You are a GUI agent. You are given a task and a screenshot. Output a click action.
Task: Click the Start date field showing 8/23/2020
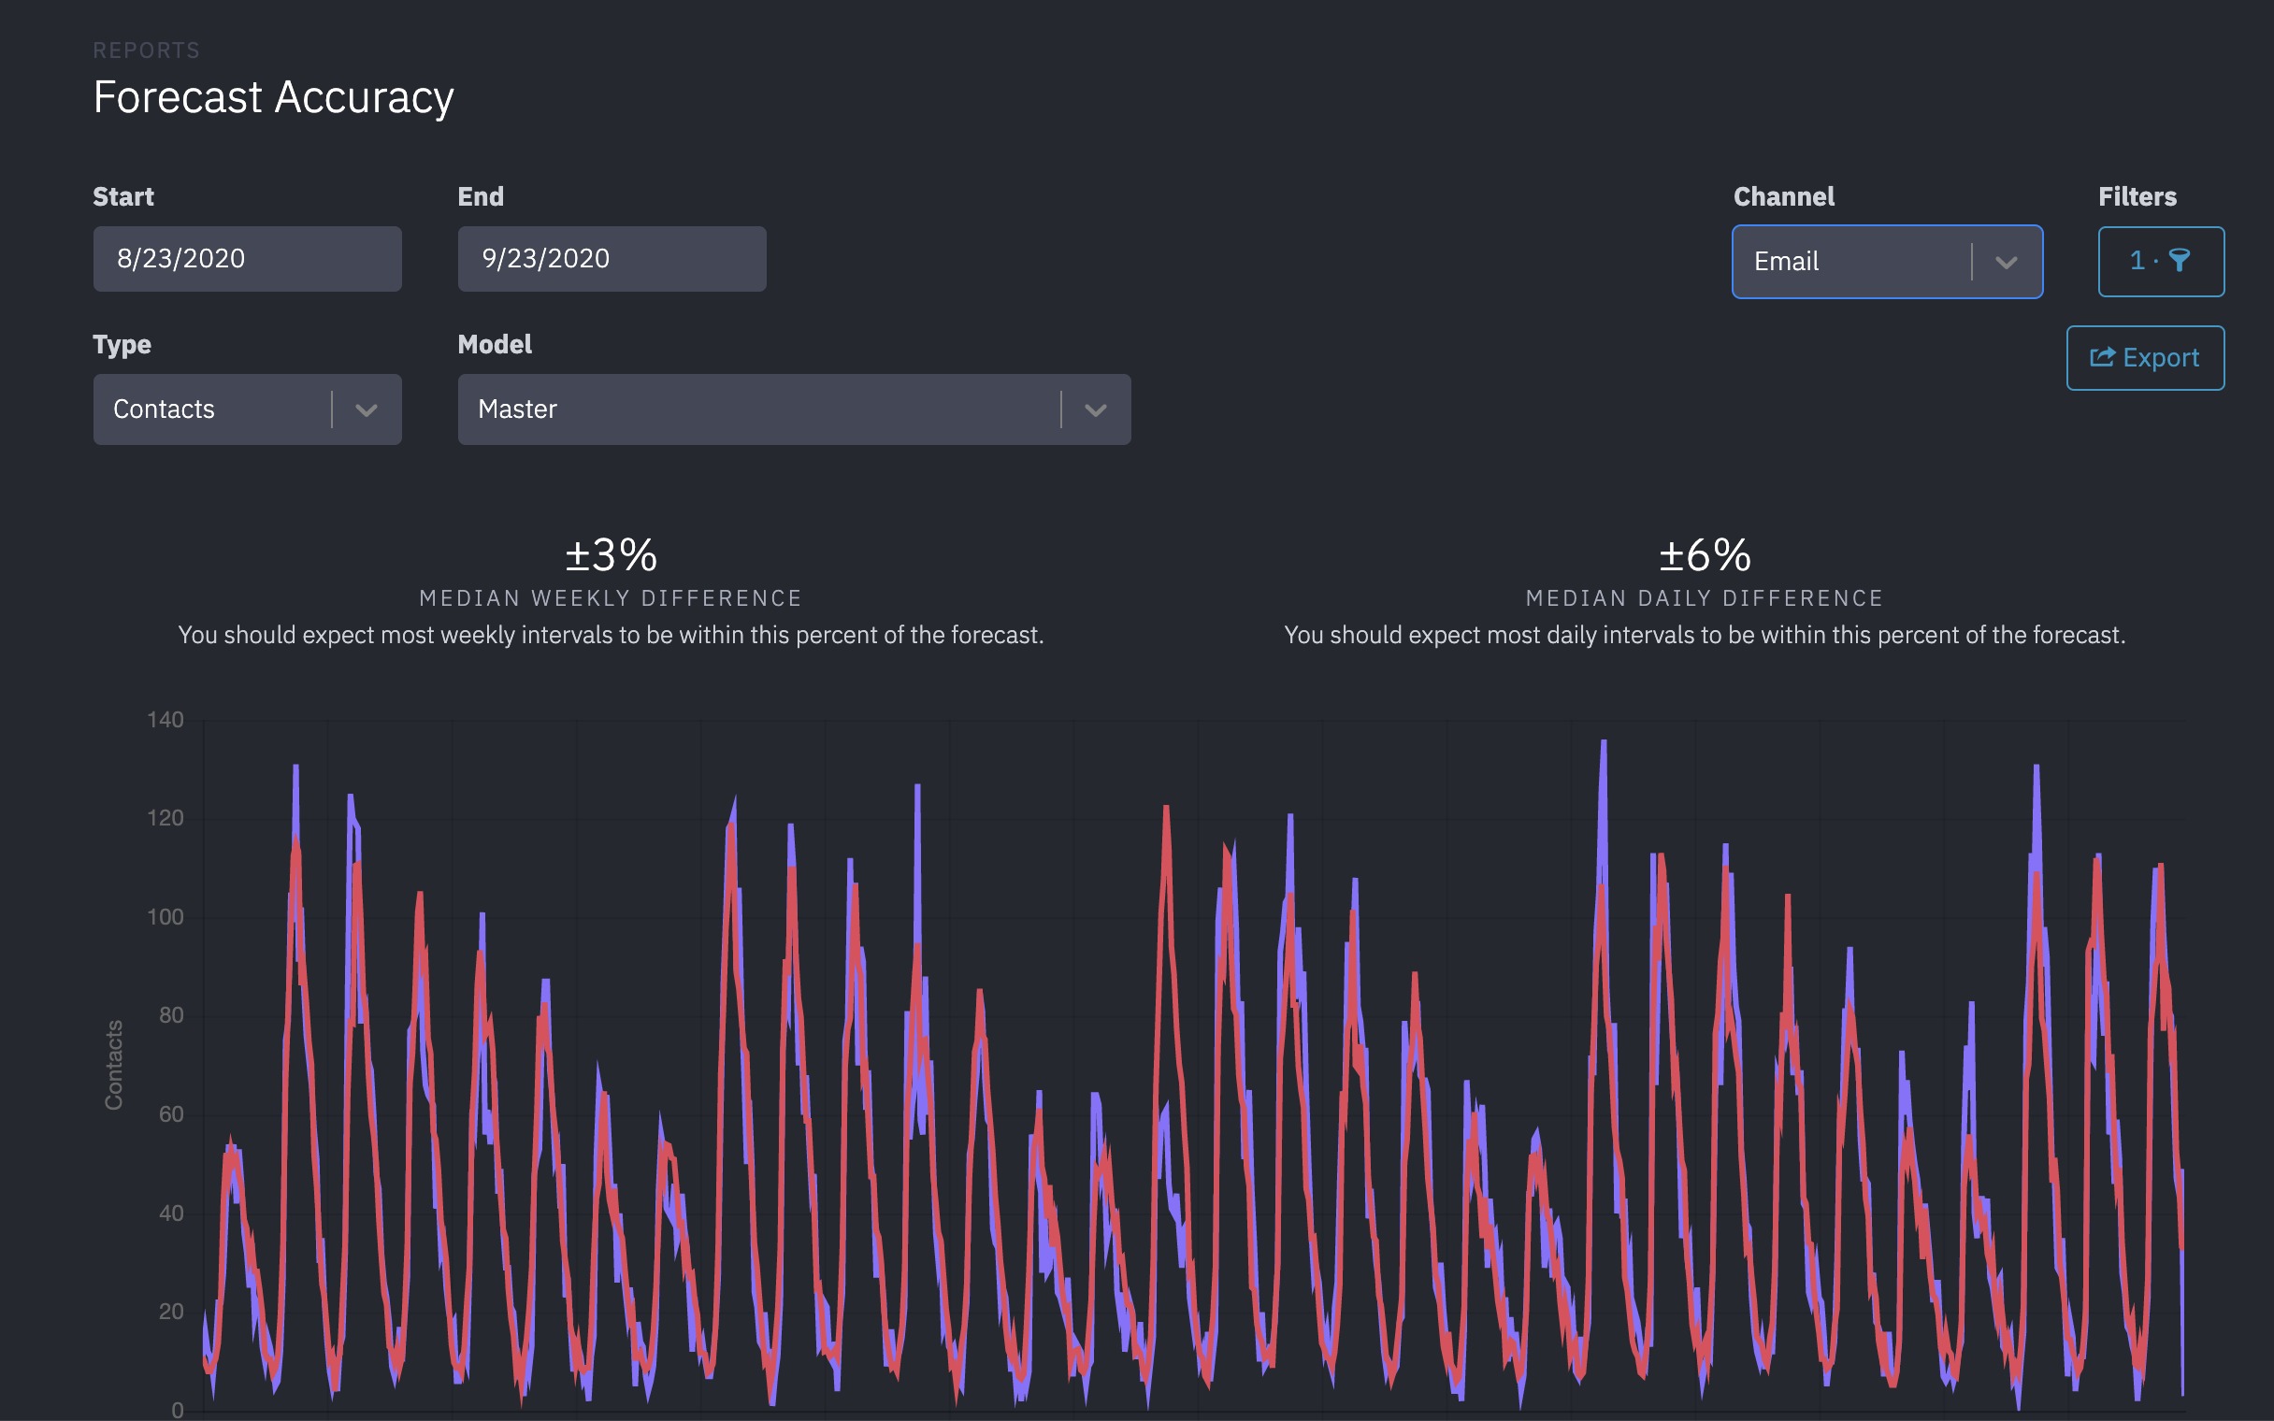[246, 258]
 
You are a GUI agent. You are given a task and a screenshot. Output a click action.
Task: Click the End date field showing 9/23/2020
[611, 258]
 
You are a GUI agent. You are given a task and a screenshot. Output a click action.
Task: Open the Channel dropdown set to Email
[1886, 261]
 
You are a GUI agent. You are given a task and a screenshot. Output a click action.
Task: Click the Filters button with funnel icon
[2160, 261]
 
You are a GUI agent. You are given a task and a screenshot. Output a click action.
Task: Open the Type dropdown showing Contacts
[246, 409]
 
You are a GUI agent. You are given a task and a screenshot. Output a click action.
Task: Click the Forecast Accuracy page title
[273, 98]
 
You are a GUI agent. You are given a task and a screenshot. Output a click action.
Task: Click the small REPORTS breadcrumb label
[146, 50]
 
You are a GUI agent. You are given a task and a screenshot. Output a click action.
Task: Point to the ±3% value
[611, 554]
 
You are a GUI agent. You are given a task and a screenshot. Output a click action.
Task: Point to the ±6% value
[1705, 554]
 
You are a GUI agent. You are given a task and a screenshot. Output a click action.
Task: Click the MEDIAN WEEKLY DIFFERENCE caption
[611, 597]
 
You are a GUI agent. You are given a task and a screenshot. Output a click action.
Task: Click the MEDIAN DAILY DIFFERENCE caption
[1705, 597]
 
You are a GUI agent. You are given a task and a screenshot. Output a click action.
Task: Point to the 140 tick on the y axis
[166, 720]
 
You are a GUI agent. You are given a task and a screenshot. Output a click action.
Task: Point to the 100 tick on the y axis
[166, 916]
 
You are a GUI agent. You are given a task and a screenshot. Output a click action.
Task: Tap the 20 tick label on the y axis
[171, 1311]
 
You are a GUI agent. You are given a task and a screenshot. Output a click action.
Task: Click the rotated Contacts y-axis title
[114, 1064]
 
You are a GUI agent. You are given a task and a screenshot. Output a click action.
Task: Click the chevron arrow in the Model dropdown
[1095, 409]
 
